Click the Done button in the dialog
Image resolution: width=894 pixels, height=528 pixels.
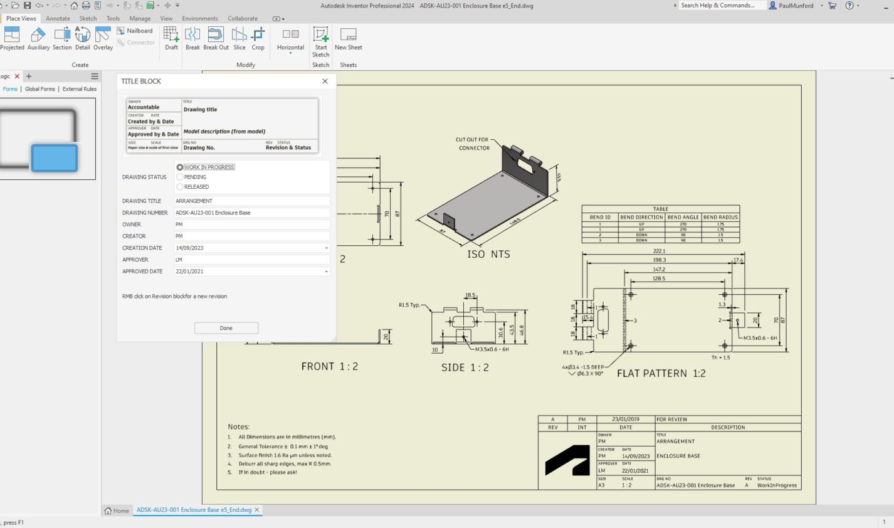pos(226,328)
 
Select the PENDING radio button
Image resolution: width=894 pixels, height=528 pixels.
pos(180,177)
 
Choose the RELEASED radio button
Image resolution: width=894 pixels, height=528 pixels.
pos(180,187)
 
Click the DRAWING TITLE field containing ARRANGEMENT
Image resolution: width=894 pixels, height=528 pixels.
pos(251,201)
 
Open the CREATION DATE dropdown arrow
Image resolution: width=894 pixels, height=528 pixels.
pos(326,248)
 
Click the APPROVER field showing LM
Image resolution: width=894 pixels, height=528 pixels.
pos(251,260)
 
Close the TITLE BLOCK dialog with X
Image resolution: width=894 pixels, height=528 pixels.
pos(325,81)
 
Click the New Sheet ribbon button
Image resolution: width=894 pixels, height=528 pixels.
pos(348,39)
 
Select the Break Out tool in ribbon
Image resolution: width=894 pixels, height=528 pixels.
pos(216,39)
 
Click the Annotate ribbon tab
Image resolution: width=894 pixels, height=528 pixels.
pos(58,18)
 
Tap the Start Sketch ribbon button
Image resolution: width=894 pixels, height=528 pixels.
pos(320,41)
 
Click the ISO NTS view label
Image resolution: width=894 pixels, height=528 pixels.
pos(488,254)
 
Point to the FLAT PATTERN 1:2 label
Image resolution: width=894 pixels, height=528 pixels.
pos(661,373)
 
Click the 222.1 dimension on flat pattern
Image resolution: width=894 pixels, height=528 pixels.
pos(659,251)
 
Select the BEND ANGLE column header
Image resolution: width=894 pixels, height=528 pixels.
pos(683,217)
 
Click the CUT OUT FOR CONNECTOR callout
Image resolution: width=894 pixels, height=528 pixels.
pos(473,144)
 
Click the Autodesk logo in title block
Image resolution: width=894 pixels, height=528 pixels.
pos(567,460)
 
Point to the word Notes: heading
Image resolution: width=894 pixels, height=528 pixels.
pos(239,426)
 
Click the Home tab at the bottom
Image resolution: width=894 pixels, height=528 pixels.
pos(117,510)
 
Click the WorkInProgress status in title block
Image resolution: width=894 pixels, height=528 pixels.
pos(777,485)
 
